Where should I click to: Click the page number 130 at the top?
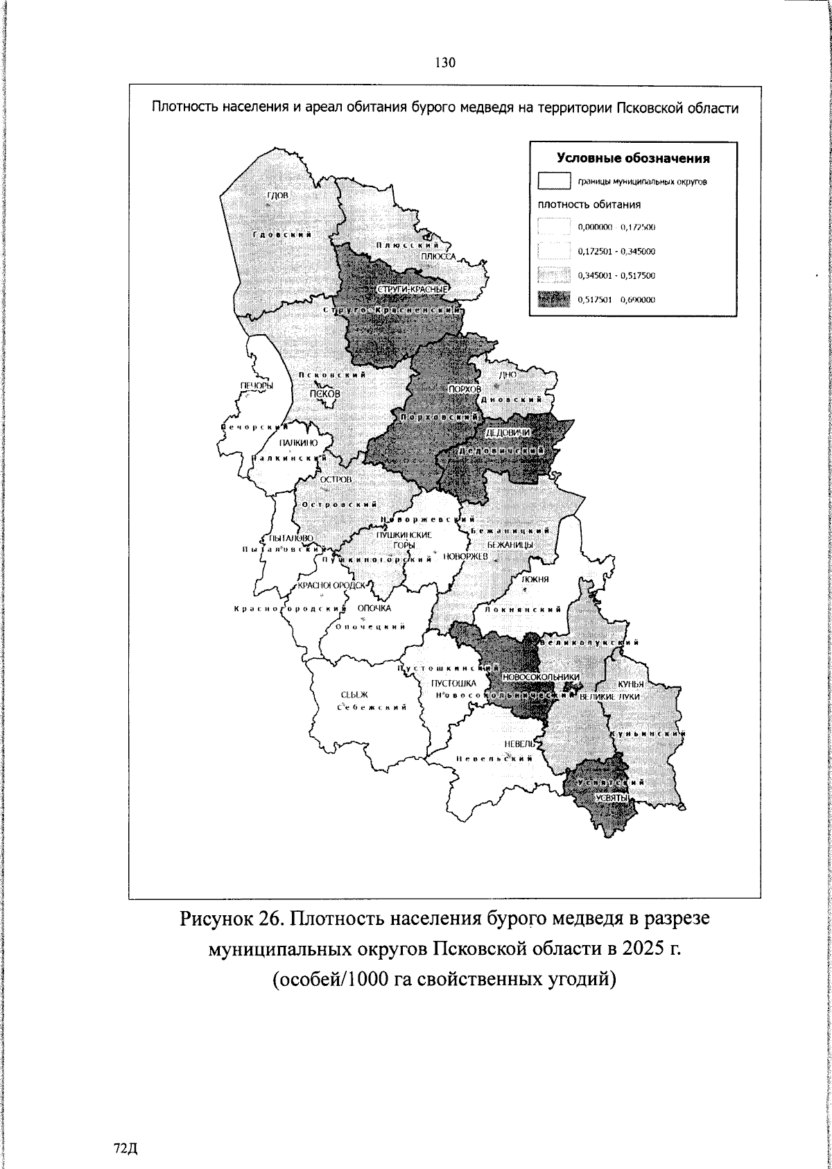point(444,63)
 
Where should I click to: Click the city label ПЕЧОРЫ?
point(256,386)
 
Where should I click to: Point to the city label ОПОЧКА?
point(374,608)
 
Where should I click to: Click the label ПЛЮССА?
point(437,256)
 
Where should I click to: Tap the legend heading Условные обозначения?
point(634,158)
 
